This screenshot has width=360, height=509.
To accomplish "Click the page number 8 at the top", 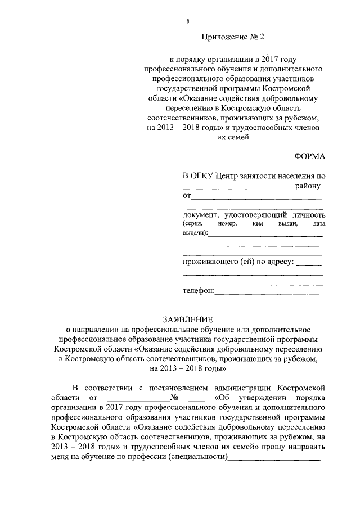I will pyautogui.click(x=187, y=21).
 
